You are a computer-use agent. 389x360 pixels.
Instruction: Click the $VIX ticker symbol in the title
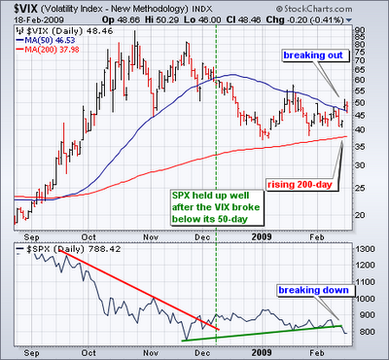[x=24, y=8]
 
